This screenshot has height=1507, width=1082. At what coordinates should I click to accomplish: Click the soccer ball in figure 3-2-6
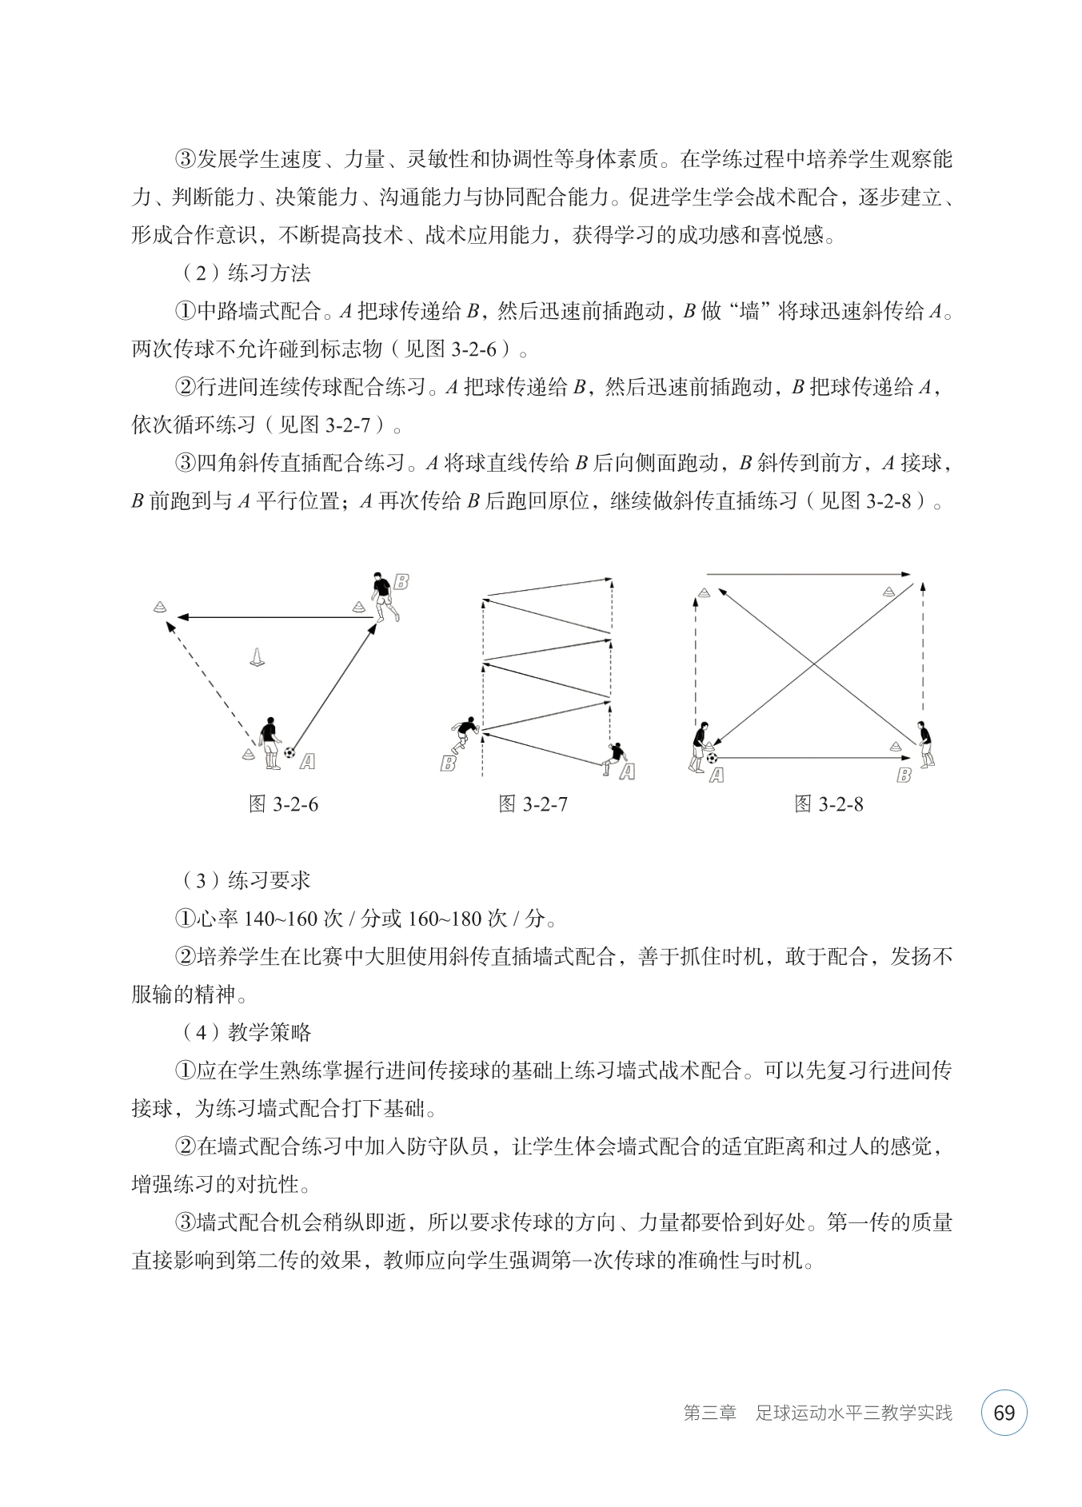(x=289, y=752)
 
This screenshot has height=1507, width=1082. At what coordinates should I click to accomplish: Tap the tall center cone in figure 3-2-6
(x=257, y=657)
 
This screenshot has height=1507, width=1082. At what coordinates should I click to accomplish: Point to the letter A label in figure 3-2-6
(x=307, y=762)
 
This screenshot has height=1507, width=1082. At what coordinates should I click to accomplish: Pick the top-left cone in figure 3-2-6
(x=160, y=607)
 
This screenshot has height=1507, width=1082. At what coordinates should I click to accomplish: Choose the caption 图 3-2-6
(x=284, y=804)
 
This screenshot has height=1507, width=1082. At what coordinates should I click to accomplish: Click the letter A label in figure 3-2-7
(x=627, y=771)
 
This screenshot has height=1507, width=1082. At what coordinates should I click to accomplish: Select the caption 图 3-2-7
(x=533, y=804)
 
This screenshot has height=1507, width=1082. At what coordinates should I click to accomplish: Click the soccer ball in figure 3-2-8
(x=712, y=756)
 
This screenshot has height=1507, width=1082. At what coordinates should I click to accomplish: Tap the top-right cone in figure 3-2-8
(x=889, y=592)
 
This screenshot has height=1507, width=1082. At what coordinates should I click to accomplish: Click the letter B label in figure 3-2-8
(x=904, y=775)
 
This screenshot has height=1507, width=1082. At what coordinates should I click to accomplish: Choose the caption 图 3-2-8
(x=829, y=804)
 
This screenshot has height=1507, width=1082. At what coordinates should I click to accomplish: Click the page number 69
(x=1004, y=1413)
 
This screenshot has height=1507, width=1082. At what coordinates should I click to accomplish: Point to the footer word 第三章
(x=709, y=1413)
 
